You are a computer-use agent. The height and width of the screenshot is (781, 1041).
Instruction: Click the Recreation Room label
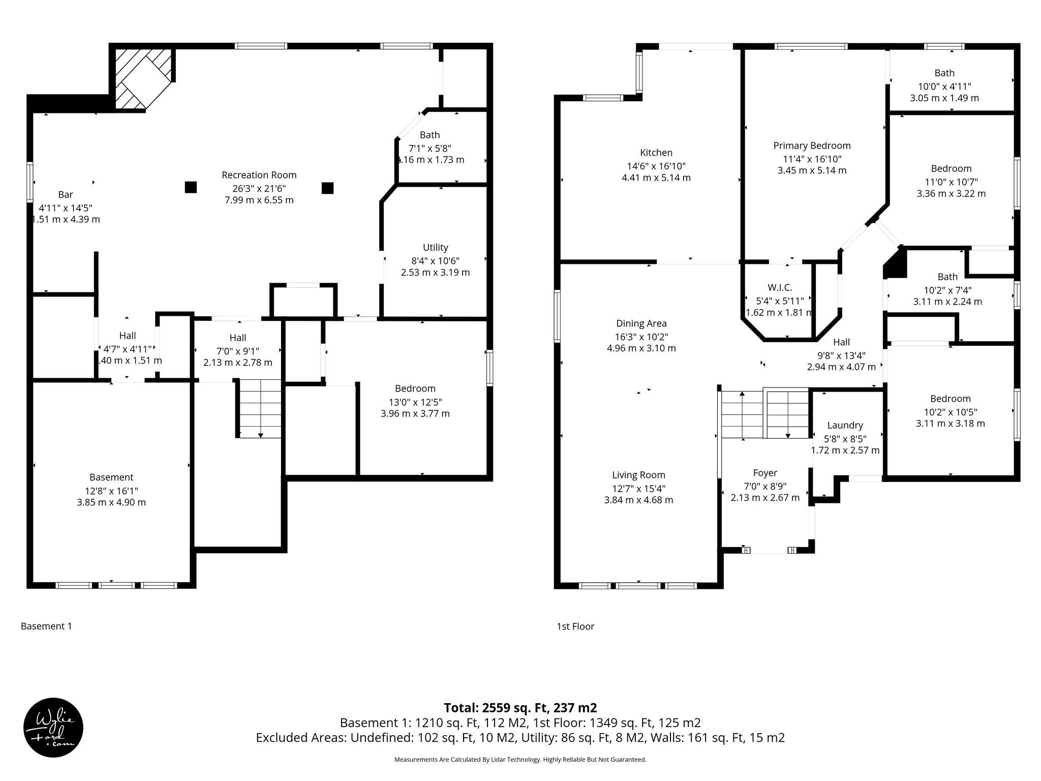coord(259,175)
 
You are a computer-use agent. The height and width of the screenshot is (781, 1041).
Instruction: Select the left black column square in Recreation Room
coord(191,188)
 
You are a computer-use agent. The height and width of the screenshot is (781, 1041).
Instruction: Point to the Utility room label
coord(435,248)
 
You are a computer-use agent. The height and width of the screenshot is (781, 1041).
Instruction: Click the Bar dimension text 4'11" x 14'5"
coord(66,207)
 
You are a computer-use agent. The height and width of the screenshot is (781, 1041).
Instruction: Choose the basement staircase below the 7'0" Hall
coord(260,408)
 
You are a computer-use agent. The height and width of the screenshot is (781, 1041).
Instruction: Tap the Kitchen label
coord(656,153)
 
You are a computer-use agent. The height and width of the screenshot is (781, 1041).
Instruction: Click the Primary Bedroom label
coord(812,146)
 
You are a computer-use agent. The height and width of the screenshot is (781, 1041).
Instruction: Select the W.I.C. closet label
coord(780,288)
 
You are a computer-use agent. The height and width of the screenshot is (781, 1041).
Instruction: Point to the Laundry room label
coord(845,426)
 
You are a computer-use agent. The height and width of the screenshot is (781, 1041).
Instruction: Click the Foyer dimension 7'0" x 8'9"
coord(764,486)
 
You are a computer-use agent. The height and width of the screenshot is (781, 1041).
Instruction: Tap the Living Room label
coord(638,475)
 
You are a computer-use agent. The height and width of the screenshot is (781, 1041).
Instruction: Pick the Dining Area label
coord(641,323)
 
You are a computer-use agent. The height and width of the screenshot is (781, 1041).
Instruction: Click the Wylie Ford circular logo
coord(53,727)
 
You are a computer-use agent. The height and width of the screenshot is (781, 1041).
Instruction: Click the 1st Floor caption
coord(575,626)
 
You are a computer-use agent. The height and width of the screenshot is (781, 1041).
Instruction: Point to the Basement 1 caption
coord(46,626)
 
